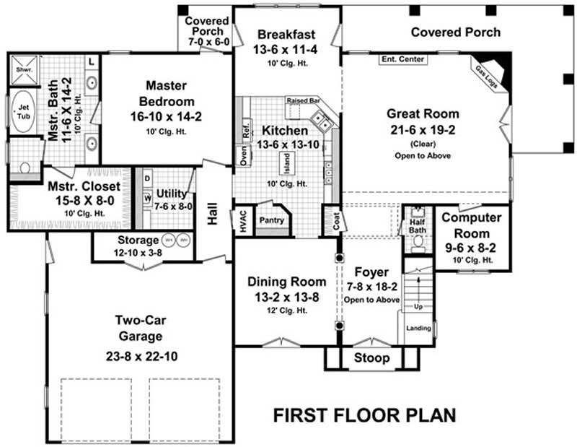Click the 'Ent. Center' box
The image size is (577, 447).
click(x=402, y=59)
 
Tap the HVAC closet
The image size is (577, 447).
click(x=241, y=220)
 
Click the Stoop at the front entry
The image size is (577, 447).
click(x=371, y=357)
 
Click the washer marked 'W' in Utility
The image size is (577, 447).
click(x=147, y=196)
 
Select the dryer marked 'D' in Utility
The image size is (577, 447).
click(x=147, y=178)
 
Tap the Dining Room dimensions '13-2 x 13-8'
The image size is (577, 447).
click(x=287, y=296)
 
